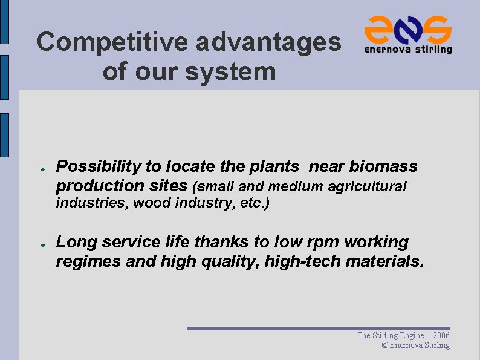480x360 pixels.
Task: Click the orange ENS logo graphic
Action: click(408, 28)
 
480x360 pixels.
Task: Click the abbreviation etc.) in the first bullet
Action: click(255, 203)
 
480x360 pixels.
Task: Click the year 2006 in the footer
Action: click(441, 335)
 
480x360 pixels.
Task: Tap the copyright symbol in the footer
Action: click(385, 345)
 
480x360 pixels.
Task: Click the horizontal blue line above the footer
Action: click(319, 328)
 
